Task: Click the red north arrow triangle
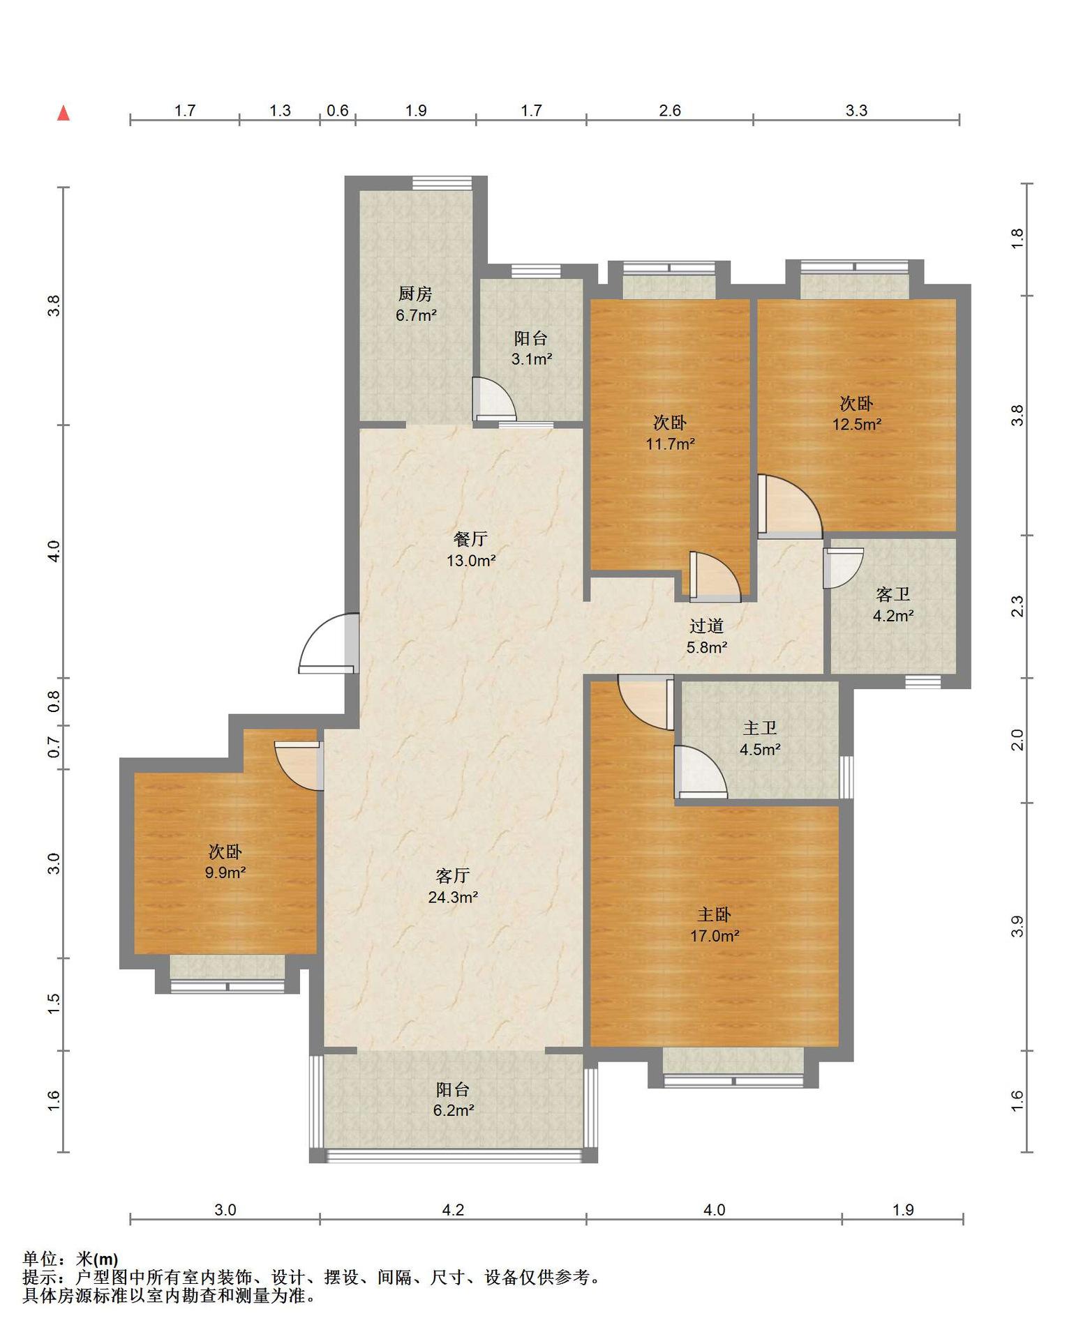(64, 113)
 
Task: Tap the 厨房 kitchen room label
(416, 294)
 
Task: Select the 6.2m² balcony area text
(454, 1110)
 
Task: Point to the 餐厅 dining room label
(471, 539)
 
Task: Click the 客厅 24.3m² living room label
(453, 886)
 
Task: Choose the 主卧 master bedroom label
(715, 914)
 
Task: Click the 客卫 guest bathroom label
(893, 595)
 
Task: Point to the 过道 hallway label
(707, 626)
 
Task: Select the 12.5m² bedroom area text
(857, 424)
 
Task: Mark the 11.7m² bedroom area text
(670, 444)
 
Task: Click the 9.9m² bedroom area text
(225, 872)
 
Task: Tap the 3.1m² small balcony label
(532, 360)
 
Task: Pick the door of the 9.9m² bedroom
(299, 766)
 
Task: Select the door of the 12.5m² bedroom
(790, 506)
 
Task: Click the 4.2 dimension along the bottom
(453, 1210)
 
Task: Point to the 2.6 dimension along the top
(669, 110)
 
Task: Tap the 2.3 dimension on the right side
(1017, 606)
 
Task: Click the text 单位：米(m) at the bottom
(70, 1259)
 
